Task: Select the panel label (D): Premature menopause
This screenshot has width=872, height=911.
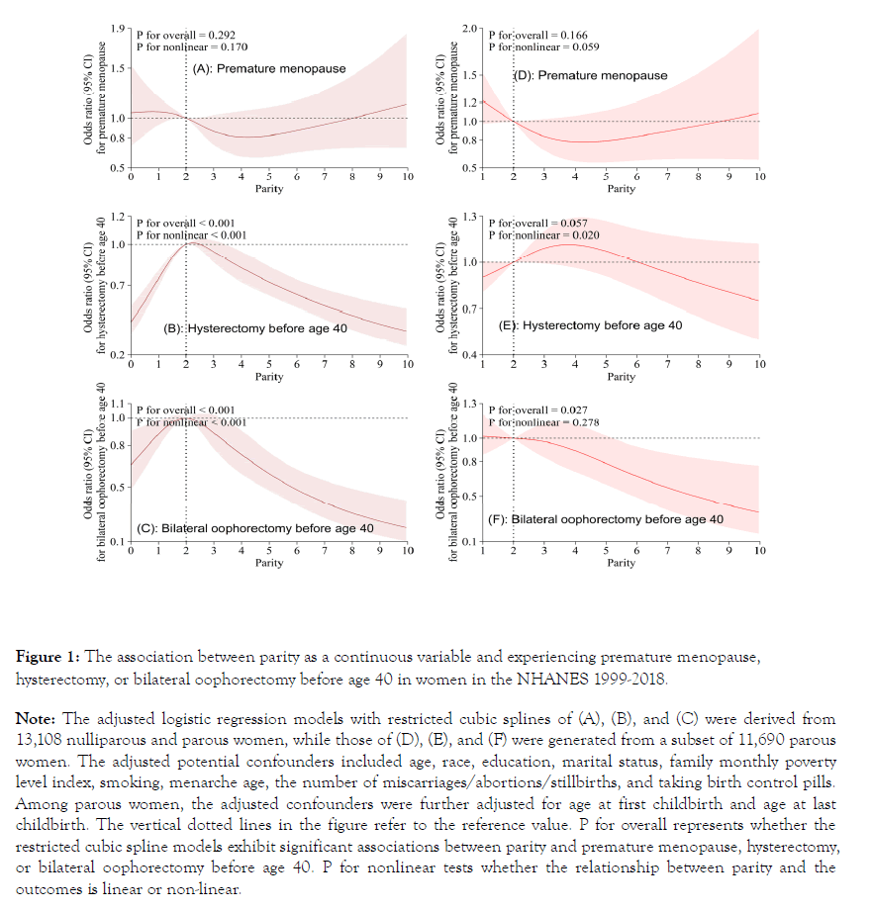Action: tap(590, 75)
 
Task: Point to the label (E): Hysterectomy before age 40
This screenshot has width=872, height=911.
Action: tap(592, 325)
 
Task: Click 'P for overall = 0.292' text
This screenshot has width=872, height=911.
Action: tap(185, 34)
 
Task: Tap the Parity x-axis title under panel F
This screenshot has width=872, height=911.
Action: tap(621, 563)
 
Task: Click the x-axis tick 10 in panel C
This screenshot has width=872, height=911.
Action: tap(407, 550)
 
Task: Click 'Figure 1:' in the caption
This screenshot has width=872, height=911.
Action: tap(49, 657)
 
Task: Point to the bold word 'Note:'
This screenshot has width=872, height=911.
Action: tap(37, 718)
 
